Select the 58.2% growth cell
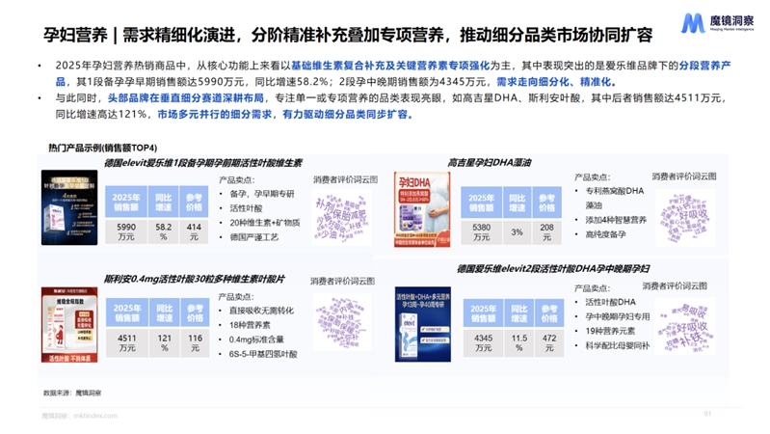pyautogui.click(x=163, y=231)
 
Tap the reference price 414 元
pyautogui.click(x=195, y=231)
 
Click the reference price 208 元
pyautogui.click(x=547, y=231)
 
